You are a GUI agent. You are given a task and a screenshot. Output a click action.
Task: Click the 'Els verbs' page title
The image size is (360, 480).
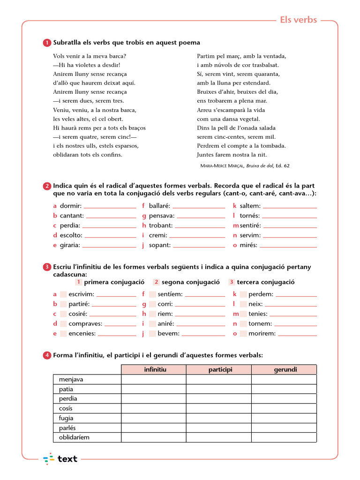click(x=299, y=20)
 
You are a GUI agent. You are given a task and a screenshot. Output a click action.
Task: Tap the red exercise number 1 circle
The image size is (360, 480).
click(x=47, y=43)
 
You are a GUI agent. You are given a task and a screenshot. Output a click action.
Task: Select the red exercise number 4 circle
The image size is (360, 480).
click(x=47, y=356)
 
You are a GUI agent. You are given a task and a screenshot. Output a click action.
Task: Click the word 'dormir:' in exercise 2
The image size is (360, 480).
click(x=70, y=206)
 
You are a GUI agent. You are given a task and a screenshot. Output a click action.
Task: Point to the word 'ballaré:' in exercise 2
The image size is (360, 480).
click(x=159, y=206)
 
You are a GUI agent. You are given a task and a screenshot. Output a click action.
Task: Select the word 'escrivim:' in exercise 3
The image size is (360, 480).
click(x=81, y=294)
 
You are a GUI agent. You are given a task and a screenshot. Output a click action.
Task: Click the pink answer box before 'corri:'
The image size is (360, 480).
click(x=152, y=304)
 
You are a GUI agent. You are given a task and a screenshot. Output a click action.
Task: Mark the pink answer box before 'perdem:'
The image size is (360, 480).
click(x=243, y=294)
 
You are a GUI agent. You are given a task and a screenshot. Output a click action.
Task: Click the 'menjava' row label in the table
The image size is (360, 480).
click(x=71, y=380)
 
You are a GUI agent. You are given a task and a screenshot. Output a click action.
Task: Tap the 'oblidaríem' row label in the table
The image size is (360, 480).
click(x=74, y=438)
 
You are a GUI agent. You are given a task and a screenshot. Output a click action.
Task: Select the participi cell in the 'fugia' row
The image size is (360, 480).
click(x=219, y=419)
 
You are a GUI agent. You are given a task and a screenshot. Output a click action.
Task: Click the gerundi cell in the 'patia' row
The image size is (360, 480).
click(x=284, y=390)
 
